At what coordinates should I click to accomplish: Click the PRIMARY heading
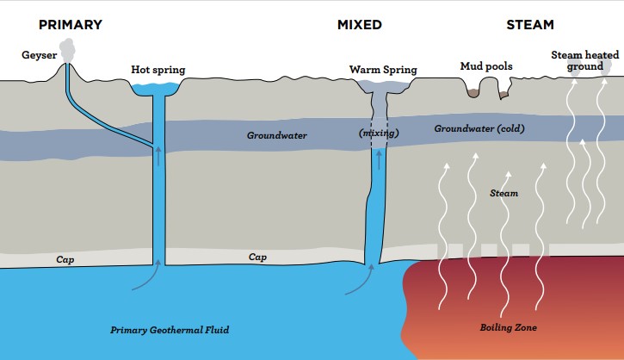71,25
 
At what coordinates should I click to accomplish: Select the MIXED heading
358,25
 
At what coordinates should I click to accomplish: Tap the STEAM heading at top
532,25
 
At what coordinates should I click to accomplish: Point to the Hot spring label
158,69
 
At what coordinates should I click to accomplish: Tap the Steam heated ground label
584,61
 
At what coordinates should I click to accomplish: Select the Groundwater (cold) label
479,129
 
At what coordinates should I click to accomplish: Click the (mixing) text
376,133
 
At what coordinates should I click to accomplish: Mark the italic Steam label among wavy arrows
504,194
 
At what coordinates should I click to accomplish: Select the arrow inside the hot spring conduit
158,156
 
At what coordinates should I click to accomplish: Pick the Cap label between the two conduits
257,257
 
